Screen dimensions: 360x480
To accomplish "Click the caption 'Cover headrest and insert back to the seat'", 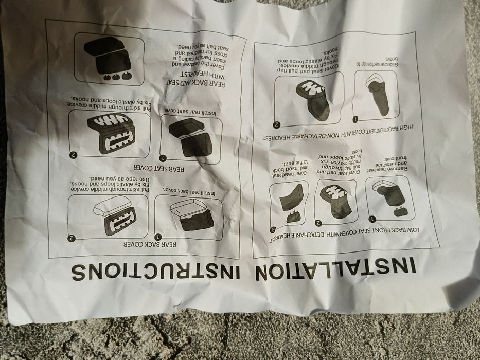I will pyautogui.click(x=292, y=170).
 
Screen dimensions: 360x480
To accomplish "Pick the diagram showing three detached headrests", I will pyautogui.click(x=110, y=59).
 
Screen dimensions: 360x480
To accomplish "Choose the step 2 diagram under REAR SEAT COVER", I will pyautogui.click(x=110, y=133).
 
